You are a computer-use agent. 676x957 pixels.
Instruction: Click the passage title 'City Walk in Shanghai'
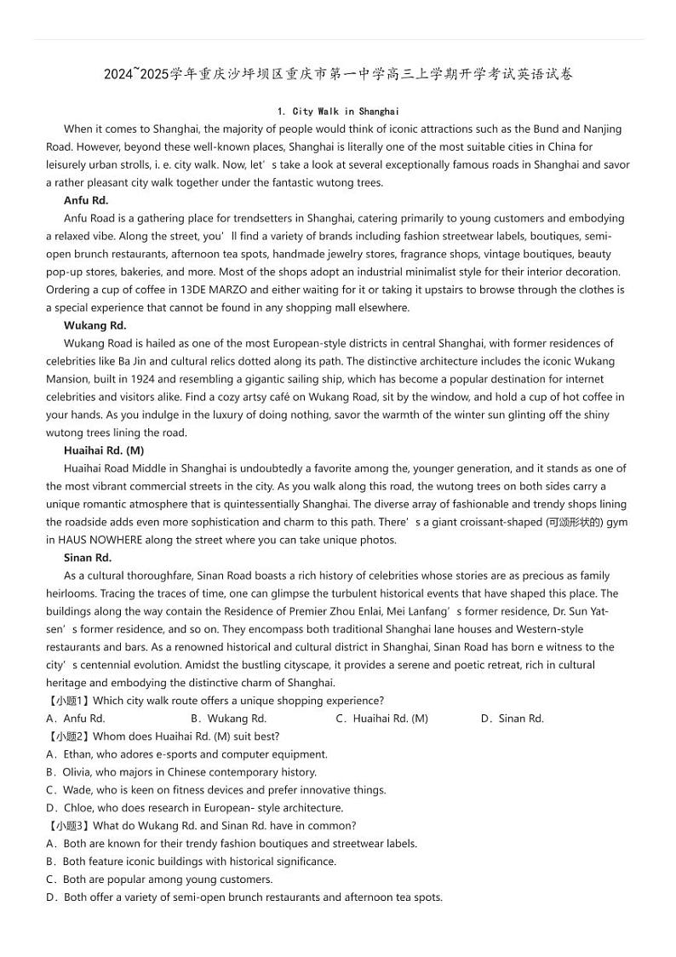pyautogui.click(x=338, y=112)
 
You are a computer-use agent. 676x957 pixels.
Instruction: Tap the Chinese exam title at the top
pyautogui.click(x=338, y=74)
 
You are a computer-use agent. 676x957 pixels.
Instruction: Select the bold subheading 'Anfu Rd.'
pyautogui.click(x=86, y=200)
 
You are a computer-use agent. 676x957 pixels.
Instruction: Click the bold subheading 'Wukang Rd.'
pyautogui.click(x=95, y=325)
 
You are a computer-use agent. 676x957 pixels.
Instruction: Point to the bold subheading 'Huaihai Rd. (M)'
pyautogui.click(x=104, y=450)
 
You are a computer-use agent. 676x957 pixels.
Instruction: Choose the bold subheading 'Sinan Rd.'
pyautogui.click(x=88, y=558)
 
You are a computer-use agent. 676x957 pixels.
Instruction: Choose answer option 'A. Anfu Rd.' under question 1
pyautogui.click(x=76, y=719)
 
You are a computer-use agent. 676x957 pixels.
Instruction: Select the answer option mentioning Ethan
pyautogui.click(x=186, y=754)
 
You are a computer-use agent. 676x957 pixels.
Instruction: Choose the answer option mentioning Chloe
pyautogui.click(x=195, y=808)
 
